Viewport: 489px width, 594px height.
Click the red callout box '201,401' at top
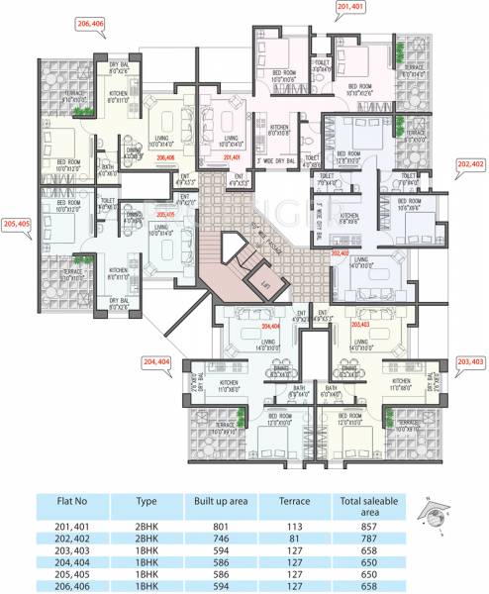click(351, 8)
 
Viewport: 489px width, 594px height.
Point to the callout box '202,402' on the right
click(470, 163)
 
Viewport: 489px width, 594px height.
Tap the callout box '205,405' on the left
click(18, 224)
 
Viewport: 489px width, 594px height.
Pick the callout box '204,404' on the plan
click(158, 363)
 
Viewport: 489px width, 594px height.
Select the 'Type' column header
click(147, 502)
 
